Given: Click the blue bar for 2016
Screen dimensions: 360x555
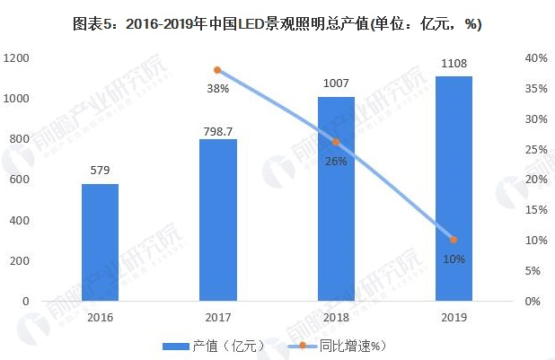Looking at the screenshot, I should pyautogui.click(x=100, y=242).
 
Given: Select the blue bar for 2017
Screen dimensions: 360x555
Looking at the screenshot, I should pyautogui.click(x=218, y=220).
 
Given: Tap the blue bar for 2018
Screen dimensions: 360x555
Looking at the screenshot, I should pyautogui.click(x=336, y=198).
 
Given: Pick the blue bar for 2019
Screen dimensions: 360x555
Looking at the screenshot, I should pyautogui.click(x=454, y=189).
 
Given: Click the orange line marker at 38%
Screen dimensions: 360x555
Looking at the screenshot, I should pyautogui.click(x=217, y=70).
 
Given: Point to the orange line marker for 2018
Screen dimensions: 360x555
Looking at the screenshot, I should pyautogui.click(x=336, y=142).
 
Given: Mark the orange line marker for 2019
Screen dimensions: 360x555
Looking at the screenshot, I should pyautogui.click(x=454, y=240).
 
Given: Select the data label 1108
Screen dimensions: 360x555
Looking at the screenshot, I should pyautogui.click(x=454, y=65).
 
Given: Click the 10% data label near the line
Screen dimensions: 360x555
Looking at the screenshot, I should pyautogui.click(x=454, y=259).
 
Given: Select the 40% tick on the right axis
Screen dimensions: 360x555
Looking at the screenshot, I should pyautogui.click(x=536, y=58).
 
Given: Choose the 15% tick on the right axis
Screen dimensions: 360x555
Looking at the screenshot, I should pyautogui.click(x=536, y=210).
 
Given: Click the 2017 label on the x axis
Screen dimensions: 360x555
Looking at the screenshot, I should pyautogui.click(x=218, y=316).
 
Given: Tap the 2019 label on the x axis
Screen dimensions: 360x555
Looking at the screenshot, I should pyautogui.click(x=454, y=316).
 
